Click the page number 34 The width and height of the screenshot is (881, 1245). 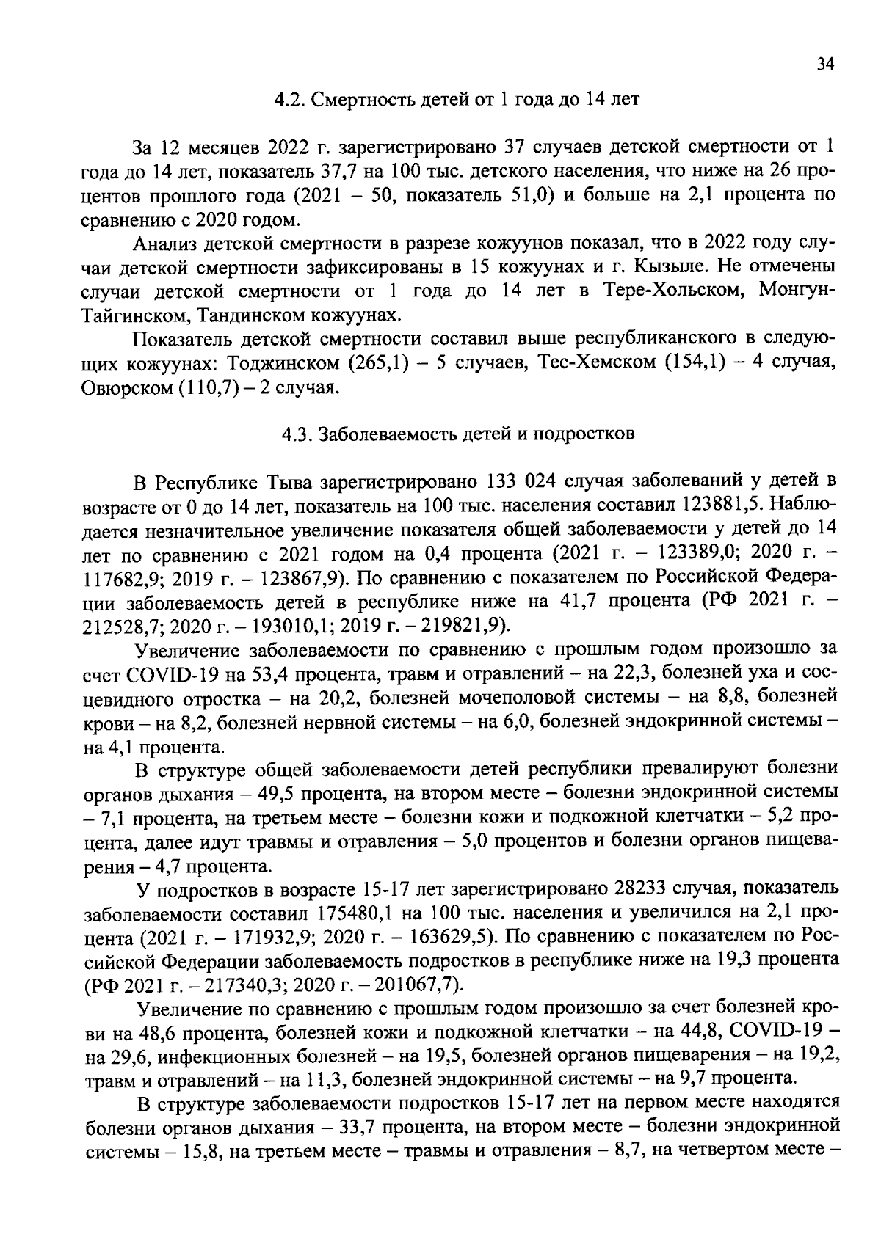tap(826, 65)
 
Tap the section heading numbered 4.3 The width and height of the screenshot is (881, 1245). tap(458, 434)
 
